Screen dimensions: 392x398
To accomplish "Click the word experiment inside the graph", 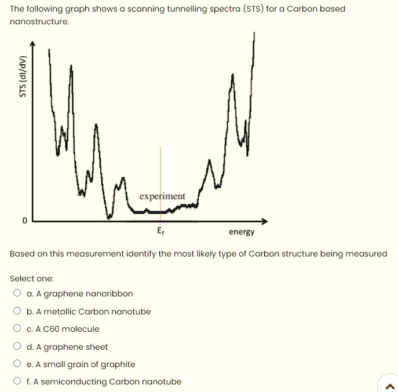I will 162,196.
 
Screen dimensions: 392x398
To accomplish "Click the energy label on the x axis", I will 242,232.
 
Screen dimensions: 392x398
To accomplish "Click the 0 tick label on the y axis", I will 24,221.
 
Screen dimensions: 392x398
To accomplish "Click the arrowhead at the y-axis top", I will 33,43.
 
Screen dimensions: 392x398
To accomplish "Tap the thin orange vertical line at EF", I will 161,174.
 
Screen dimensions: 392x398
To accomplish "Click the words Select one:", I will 32,279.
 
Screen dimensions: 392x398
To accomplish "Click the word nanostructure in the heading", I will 39,21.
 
